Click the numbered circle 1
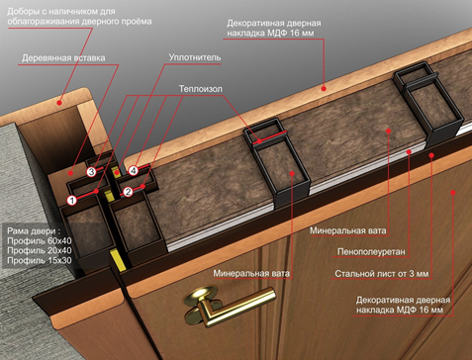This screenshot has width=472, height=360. (72, 200)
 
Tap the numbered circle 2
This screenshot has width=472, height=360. (128, 192)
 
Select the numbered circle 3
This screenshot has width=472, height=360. (91, 171)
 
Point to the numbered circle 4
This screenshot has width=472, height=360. (134, 170)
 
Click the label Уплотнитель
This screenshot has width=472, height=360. (195, 57)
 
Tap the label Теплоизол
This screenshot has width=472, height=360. (201, 89)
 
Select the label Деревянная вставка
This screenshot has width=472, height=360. (63, 58)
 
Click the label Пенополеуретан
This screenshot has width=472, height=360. (371, 252)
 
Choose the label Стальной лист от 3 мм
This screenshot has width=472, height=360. (382, 274)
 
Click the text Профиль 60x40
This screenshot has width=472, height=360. (40, 240)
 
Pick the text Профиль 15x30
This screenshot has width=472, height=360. (40, 260)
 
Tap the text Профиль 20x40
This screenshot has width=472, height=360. (40, 250)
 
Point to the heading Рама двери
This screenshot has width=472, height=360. (34, 231)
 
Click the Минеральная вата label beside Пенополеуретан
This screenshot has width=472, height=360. (348, 230)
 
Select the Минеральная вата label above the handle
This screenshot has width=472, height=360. (251, 273)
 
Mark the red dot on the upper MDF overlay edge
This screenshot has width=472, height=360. (324, 88)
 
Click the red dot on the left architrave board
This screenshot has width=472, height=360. (59, 103)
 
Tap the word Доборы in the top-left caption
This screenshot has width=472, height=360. (21, 12)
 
